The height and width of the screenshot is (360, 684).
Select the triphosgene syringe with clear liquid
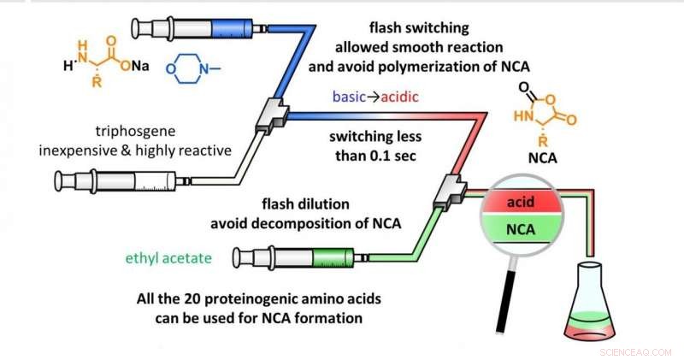click(128, 180)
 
